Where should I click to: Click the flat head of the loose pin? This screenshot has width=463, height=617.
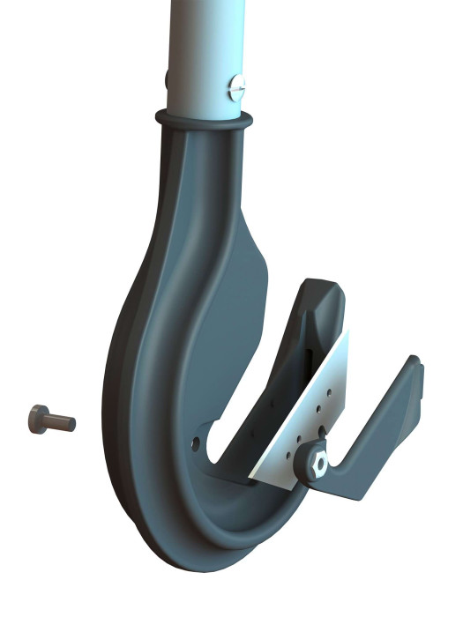38,415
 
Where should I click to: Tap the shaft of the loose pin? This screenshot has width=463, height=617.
61,422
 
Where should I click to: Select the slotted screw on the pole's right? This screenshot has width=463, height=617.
235,86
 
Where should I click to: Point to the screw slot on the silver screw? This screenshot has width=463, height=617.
235,86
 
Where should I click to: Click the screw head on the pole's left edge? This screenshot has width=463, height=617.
167,80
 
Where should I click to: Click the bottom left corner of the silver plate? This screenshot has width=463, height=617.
251,476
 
